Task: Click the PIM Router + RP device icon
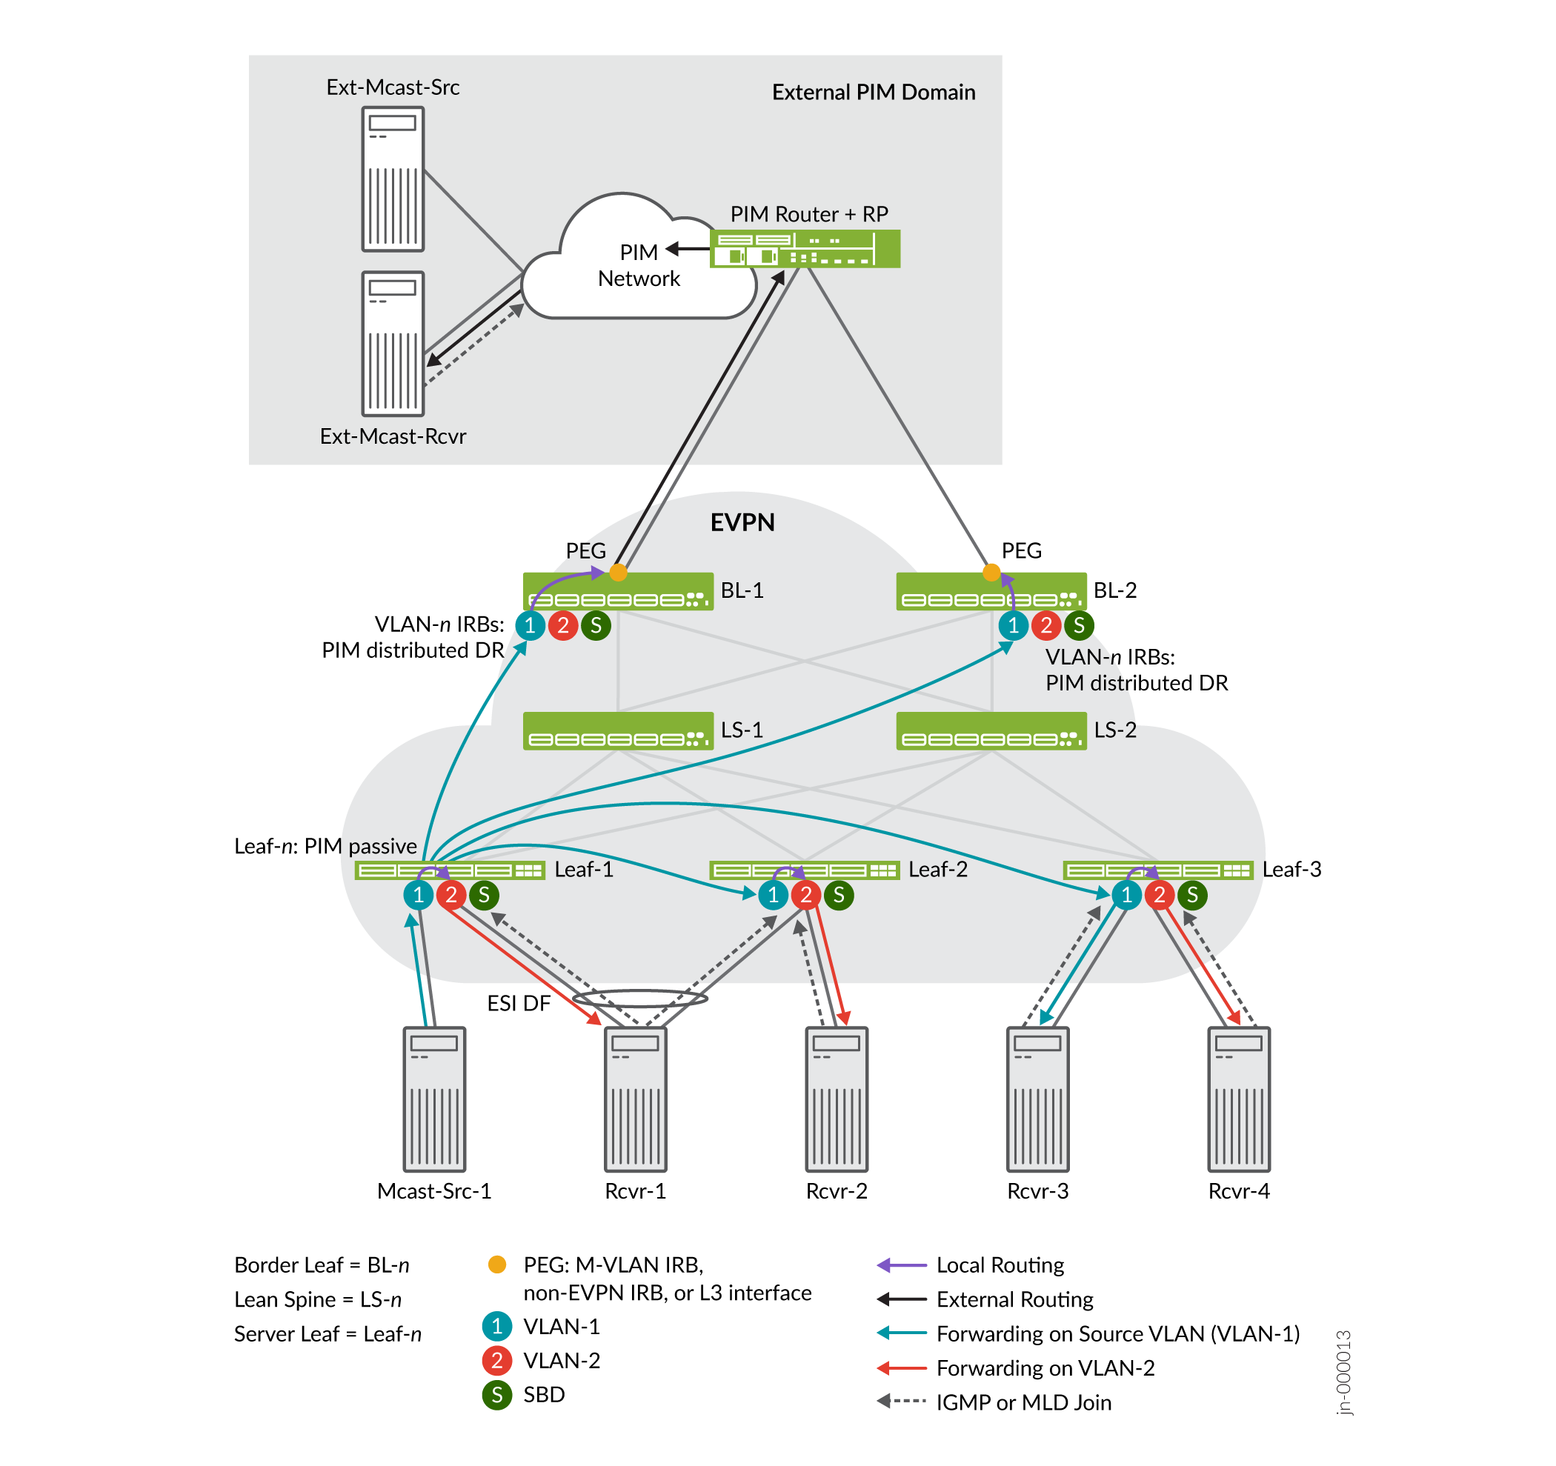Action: pos(805,249)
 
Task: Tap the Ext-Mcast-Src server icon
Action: pos(393,179)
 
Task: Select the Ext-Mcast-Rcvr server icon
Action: pos(393,344)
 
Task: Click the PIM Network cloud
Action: pos(638,266)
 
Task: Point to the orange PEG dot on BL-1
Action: pos(619,573)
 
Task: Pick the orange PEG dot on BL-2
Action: pos(991,573)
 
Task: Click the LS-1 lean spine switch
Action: pos(619,731)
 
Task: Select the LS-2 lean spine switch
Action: pos(991,731)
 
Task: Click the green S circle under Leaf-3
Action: pos(1193,895)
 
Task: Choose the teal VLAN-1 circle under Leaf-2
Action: pos(774,895)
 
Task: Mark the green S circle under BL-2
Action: pos(1080,625)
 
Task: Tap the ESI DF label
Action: pos(519,1004)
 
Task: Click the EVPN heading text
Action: pos(742,523)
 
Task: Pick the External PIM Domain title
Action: pos(874,93)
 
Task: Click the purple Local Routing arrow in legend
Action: pos(902,1265)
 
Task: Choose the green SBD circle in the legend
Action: pos(497,1395)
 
